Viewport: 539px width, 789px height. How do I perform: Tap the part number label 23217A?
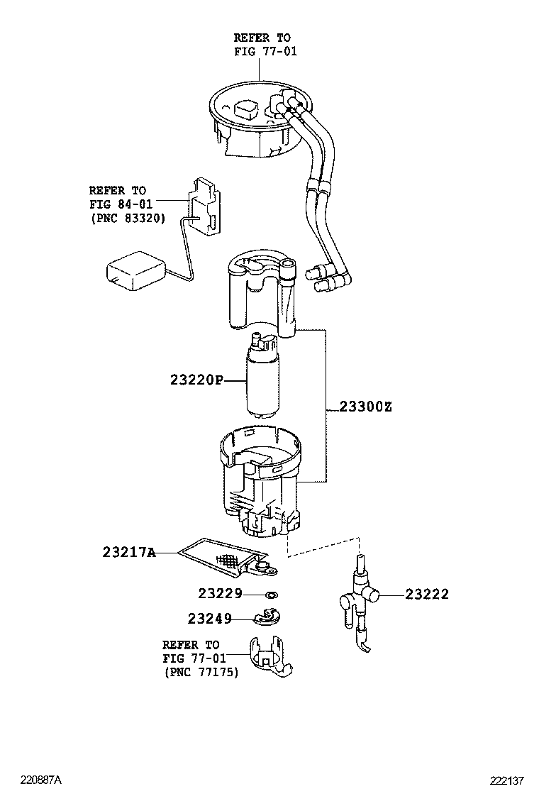[x=128, y=552]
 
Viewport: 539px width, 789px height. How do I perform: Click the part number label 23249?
[x=210, y=619]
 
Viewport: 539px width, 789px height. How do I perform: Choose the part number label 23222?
[x=427, y=595]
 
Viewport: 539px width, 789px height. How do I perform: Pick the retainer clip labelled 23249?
[x=268, y=619]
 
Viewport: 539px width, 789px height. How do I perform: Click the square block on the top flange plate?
[x=247, y=109]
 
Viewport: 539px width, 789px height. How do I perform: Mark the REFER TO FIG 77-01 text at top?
[x=262, y=44]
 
